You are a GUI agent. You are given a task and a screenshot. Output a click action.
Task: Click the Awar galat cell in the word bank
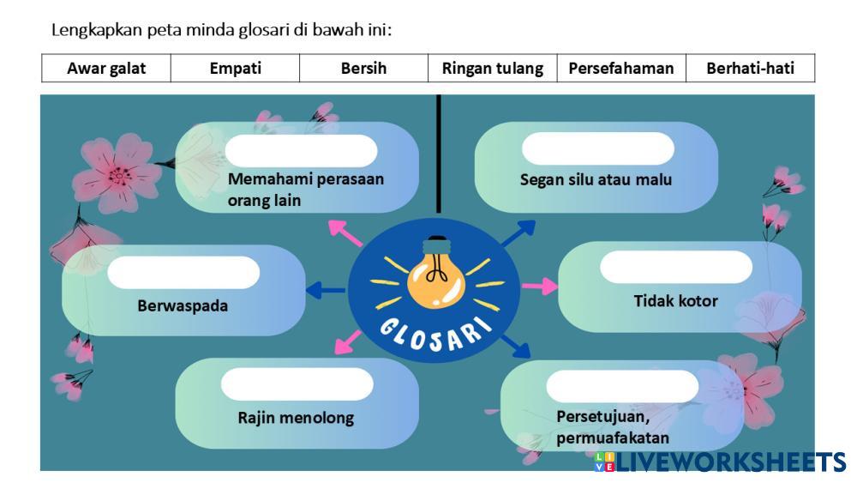point(106,69)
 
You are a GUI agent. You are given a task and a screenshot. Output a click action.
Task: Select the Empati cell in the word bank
point(235,69)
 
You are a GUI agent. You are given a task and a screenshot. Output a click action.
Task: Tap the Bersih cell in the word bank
point(363,69)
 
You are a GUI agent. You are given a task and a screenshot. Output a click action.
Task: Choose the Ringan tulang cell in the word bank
point(492,69)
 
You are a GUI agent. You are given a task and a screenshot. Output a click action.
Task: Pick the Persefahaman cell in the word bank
point(620,69)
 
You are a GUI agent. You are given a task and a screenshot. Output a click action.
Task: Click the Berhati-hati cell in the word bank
point(750,69)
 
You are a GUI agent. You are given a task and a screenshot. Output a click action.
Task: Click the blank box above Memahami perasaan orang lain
point(301,150)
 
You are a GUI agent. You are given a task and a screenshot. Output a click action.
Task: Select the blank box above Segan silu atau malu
point(597,148)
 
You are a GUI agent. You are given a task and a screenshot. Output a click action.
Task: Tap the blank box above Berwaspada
point(183,272)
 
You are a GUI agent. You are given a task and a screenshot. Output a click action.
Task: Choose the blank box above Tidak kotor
point(675,267)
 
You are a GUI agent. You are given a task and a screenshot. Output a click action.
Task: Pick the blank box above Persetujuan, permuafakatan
point(622,386)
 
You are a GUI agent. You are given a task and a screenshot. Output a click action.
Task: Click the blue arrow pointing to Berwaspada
point(326,291)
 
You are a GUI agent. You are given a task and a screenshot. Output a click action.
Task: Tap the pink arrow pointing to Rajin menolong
point(346,341)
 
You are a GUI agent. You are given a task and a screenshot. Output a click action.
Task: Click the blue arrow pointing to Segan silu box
point(518,232)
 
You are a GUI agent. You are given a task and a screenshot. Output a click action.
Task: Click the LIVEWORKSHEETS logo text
point(730,462)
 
